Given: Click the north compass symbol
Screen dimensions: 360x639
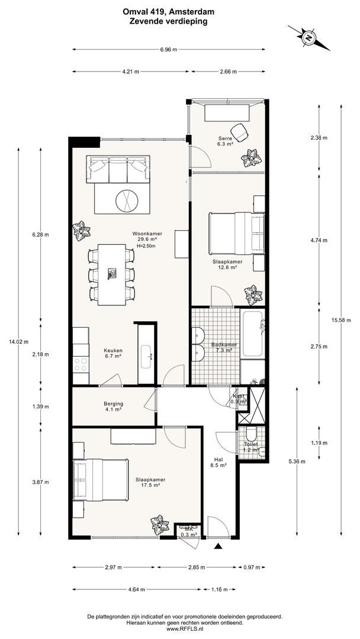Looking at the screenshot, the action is coord(308,38).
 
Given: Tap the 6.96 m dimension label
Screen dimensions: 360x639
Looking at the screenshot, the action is coord(169,49).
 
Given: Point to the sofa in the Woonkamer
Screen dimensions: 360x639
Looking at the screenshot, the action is coord(118,169).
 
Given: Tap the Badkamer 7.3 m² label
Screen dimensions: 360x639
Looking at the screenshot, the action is coord(222,347).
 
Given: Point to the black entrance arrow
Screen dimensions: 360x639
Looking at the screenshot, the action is coord(218,547).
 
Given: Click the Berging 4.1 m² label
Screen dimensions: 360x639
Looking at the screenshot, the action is coord(113,406).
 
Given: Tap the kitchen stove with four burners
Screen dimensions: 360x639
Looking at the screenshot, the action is coord(81,364).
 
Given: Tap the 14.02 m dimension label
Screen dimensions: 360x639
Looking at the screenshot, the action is coord(18,342).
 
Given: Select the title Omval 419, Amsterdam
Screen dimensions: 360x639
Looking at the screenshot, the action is coord(168,12).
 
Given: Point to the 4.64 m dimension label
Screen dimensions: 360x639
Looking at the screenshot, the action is coord(136,589).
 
